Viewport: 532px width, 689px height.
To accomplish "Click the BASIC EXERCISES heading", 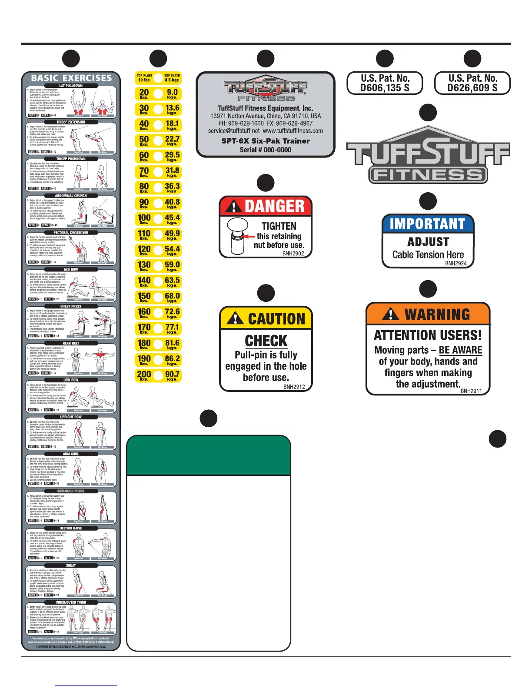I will (x=71, y=78).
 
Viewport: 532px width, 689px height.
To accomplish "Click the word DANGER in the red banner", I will (x=274, y=206).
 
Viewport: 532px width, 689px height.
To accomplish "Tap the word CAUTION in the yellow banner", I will (x=276, y=319).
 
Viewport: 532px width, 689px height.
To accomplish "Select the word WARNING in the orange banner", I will (x=437, y=314).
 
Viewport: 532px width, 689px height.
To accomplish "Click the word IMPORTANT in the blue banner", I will (x=428, y=224).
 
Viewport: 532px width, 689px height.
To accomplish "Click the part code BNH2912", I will (x=294, y=387).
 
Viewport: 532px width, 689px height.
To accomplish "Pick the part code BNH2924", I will (x=456, y=263).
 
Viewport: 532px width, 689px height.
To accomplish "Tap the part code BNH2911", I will (x=471, y=391).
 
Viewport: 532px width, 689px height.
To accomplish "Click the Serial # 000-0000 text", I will (x=266, y=150).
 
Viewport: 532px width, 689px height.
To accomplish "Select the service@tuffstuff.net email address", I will (x=233, y=130).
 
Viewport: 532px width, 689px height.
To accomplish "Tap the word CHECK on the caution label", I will (x=266, y=341).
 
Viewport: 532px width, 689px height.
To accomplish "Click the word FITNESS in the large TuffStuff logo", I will (x=428, y=175).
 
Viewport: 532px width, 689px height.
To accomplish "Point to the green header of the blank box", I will (x=208, y=455).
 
